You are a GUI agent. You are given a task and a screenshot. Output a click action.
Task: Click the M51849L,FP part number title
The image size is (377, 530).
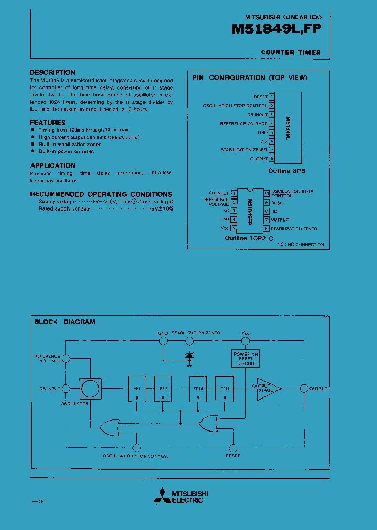tap(276, 31)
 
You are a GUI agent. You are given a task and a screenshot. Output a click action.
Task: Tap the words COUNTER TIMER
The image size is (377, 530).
tap(291, 52)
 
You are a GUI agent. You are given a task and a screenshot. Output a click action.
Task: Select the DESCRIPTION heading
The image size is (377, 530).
tap(52, 72)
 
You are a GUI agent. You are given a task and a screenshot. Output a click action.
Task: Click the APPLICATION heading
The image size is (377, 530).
tap(52, 165)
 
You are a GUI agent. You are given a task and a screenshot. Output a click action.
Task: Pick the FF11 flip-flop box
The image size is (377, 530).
tap(225, 389)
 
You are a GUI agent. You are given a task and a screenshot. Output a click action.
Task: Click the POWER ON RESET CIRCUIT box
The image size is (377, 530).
tap(246, 358)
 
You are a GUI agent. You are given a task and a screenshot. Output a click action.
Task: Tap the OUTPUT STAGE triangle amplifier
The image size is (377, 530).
tap(267, 389)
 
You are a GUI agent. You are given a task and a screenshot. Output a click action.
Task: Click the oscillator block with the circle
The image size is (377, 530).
tap(90, 388)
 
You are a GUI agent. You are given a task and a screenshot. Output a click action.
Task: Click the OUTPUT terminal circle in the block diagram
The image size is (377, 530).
tap(303, 389)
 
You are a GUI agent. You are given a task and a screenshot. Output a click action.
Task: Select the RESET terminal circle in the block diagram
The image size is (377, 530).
tap(233, 447)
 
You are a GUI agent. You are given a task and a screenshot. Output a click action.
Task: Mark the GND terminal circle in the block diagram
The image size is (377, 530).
tap(163, 340)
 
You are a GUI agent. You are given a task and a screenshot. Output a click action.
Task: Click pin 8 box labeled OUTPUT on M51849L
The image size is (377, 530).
tap(272, 159)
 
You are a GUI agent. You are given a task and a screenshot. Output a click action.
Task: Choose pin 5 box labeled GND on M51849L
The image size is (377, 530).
tap(272, 132)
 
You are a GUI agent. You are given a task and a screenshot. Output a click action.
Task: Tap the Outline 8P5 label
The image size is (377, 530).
tap(286, 171)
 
